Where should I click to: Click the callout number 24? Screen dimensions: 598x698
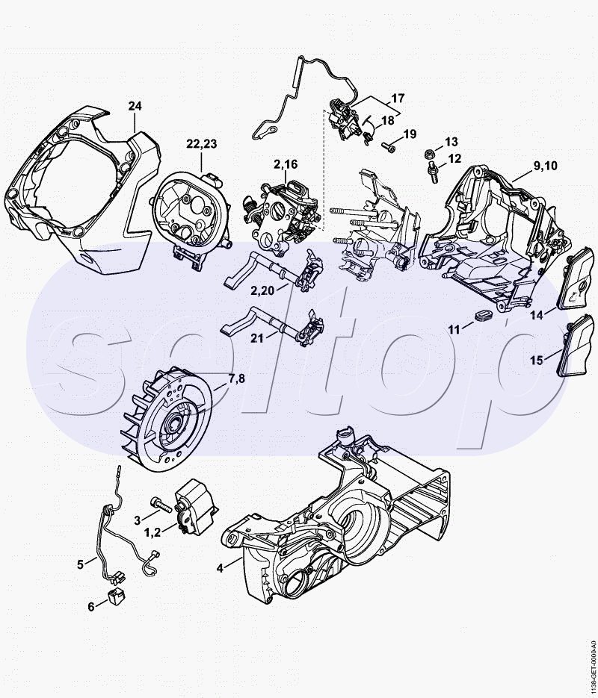[x=135, y=106]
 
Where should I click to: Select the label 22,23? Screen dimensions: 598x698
[x=201, y=144]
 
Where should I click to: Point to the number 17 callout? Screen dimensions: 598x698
[x=398, y=98]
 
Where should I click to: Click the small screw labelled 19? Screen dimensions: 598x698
[x=388, y=146]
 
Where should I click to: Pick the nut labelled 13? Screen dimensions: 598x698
[x=430, y=154]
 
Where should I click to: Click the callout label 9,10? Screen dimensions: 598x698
[x=544, y=166]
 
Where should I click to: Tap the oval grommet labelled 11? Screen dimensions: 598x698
[x=483, y=315]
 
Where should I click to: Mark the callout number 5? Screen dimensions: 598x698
[x=80, y=564]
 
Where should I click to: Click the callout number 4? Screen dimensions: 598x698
[x=220, y=568]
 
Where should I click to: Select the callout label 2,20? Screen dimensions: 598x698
[x=263, y=290]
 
